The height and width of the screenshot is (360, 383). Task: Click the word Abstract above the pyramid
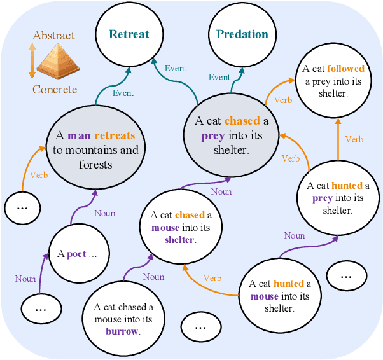53,36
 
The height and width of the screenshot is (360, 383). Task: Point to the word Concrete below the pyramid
55,90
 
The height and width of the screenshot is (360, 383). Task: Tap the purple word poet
76,254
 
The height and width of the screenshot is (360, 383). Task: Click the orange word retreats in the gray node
115,135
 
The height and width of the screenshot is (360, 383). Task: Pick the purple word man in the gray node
79,135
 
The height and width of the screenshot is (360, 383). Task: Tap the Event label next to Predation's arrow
219,77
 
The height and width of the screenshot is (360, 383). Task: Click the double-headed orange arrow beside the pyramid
32,62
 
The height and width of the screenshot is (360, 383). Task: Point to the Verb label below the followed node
354,139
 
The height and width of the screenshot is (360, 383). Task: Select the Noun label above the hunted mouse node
294,235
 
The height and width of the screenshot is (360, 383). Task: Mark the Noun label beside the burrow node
153,277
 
